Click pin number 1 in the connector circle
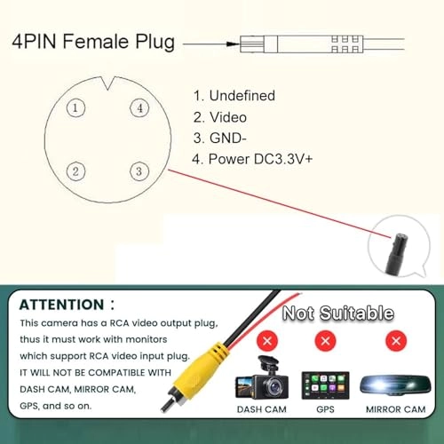[x=75, y=108]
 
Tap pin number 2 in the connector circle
[x=75, y=171]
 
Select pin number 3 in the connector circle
[x=139, y=171]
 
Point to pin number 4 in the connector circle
[x=139, y=108]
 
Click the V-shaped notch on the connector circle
[x=107, y=83]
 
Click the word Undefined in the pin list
[x=242, y=96]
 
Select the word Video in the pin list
[x=228, y=117]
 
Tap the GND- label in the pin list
[x=228, y=138]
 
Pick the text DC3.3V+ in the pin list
[x=283, y=159]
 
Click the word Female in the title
[x=96, y=41]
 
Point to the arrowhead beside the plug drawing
[x=233, y=44]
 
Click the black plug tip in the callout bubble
[x=398, y=252]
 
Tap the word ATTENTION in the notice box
[x=61, y=305]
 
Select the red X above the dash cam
[x=267, y=341]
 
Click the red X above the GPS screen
[x=325, y=341]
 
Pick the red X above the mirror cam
[x=396, y=341]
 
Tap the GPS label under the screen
[x=325, y=409]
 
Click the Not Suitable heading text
[x=338, y=313]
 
